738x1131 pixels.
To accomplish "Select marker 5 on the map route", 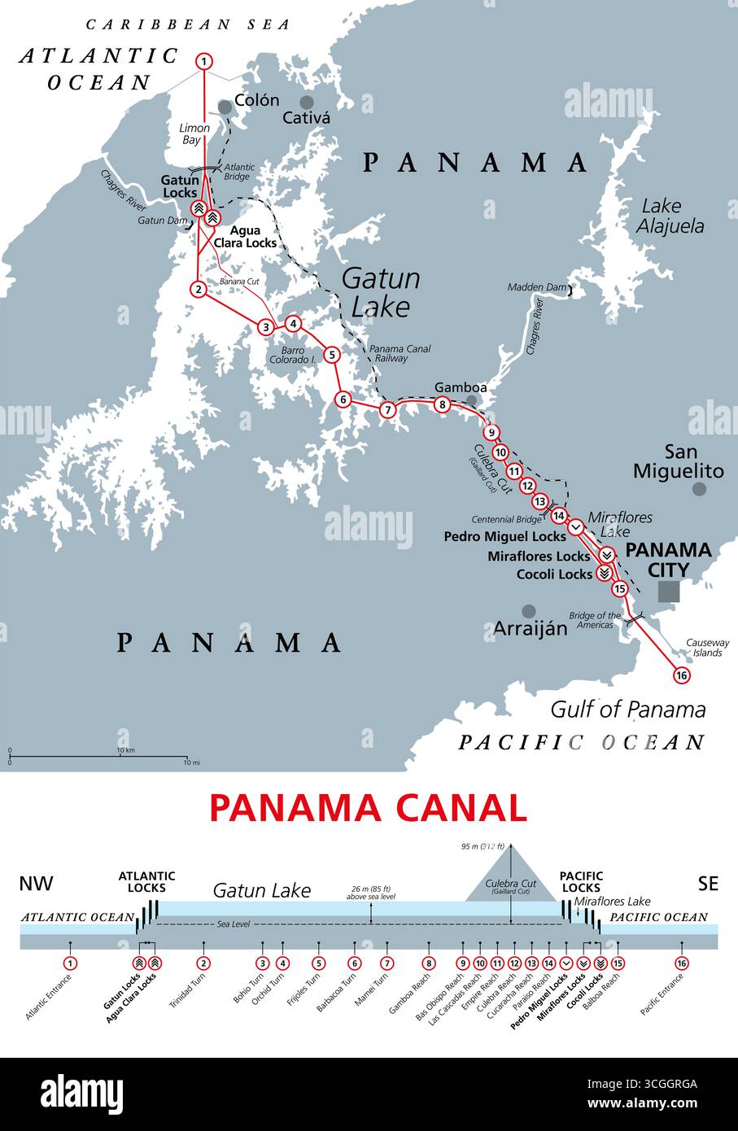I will [x=331, y=354].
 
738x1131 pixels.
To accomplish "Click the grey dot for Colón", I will [x=225, y=107].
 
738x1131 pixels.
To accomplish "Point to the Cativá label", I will [x=306, y=118].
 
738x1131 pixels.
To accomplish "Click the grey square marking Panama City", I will [x=668, y=591].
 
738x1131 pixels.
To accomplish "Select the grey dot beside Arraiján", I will [x=529, y=610].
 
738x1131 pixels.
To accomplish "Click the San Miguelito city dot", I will [x=699, y=488].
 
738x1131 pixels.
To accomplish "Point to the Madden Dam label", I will [x=536, y=287].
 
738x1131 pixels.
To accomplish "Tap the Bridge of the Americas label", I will [x=595, y=621].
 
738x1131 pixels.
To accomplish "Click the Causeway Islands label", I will [x=707, y=647].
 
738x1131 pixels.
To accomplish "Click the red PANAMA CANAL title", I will [x=368, y=808].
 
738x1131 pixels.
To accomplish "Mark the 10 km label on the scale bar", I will [x=125, y=749].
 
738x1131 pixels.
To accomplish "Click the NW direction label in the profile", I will [x=37, y=883].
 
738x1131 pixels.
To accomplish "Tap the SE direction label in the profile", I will [x=708, y=883].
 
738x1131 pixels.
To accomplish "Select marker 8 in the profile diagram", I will [x=428, y=963].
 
